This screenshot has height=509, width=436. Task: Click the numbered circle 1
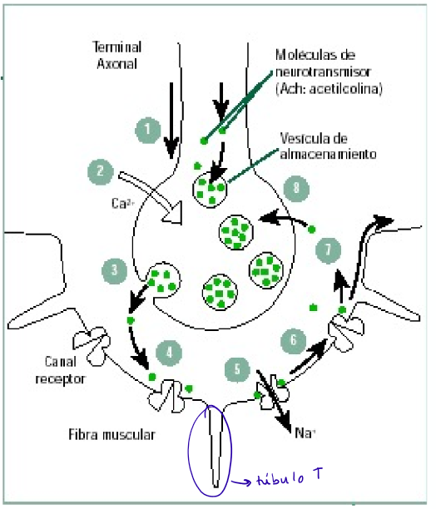click(147, 129)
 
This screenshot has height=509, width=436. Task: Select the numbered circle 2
click(100, 172)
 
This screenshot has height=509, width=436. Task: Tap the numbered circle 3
click(114, 269)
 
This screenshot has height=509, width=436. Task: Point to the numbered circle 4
click(170, 352)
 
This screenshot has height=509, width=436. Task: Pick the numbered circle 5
click(237, 368)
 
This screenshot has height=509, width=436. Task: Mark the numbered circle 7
click(329, 248)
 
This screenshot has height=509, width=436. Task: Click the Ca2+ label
click(123, 201)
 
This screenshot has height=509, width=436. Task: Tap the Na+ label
click(306, 432)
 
